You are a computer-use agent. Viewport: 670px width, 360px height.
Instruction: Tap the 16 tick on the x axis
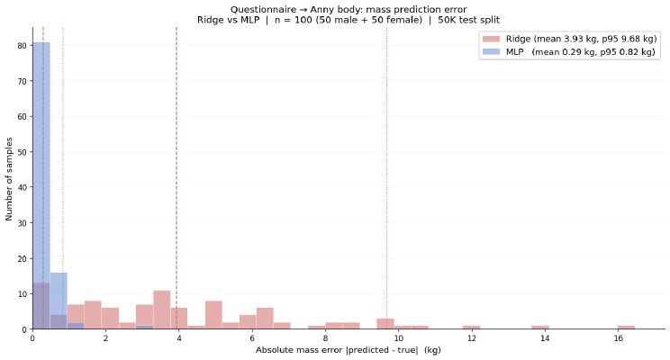coord(618,339)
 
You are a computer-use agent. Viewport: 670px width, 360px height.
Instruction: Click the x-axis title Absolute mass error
coord(348,349)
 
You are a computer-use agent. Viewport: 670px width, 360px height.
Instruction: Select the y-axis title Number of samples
coord(9,178)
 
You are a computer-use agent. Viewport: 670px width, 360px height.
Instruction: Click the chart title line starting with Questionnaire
coord(348,9)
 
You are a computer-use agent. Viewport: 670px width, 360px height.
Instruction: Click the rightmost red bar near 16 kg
coord(626,328)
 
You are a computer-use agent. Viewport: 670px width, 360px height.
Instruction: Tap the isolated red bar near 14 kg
coord(540,328)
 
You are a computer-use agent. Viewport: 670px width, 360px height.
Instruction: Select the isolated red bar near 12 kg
coord(471,328)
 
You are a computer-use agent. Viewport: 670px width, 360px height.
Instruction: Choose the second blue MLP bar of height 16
coord(59,301)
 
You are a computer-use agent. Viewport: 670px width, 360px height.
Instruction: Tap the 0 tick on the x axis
coord(32,339)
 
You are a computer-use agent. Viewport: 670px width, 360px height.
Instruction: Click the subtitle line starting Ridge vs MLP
coord(348,19)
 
